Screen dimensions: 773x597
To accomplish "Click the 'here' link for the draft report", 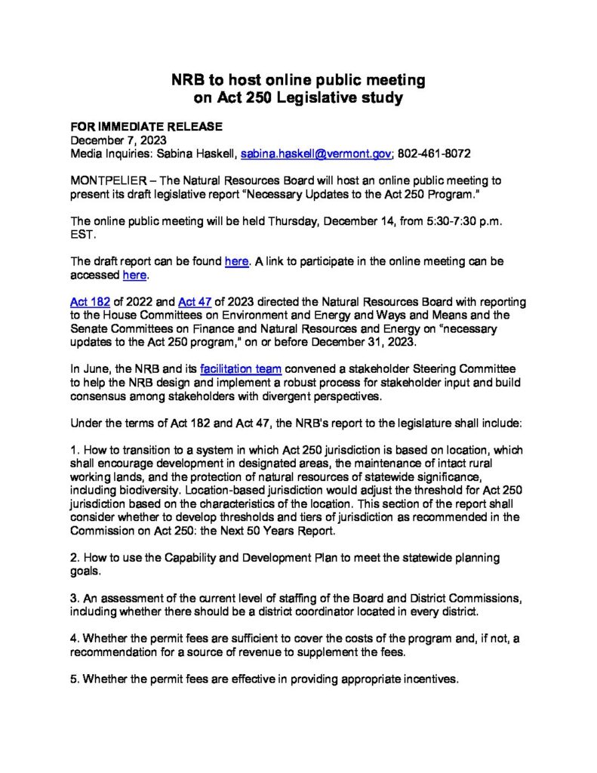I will click(x=236, y=261).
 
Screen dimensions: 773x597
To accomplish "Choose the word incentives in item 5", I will click(x=429, y=679).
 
